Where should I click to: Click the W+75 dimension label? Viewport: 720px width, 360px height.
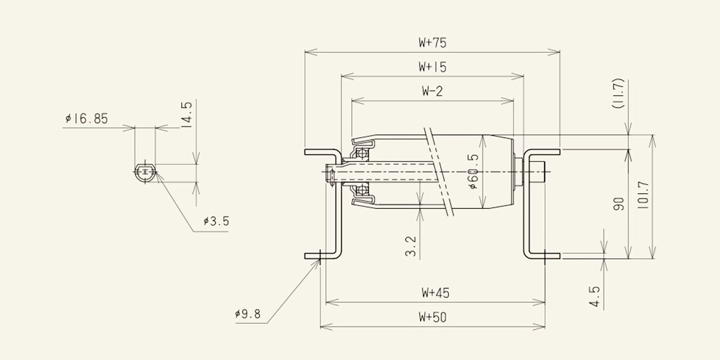coord(433,43)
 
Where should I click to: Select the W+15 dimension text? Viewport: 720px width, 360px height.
coord(433,67)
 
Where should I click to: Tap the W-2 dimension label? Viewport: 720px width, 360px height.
coord(433,91)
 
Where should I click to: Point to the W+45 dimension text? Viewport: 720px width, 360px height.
coord(435,293)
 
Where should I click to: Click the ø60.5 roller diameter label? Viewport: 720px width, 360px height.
coord(473,172)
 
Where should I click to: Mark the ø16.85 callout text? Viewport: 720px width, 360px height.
coord(87,119)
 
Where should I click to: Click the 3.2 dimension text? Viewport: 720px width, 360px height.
coord(411,246)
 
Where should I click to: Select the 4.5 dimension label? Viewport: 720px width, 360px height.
coord(594,296)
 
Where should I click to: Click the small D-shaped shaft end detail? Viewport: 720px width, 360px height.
coord(145,173)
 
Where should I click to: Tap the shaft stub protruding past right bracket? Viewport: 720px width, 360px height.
coord(538,173)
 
